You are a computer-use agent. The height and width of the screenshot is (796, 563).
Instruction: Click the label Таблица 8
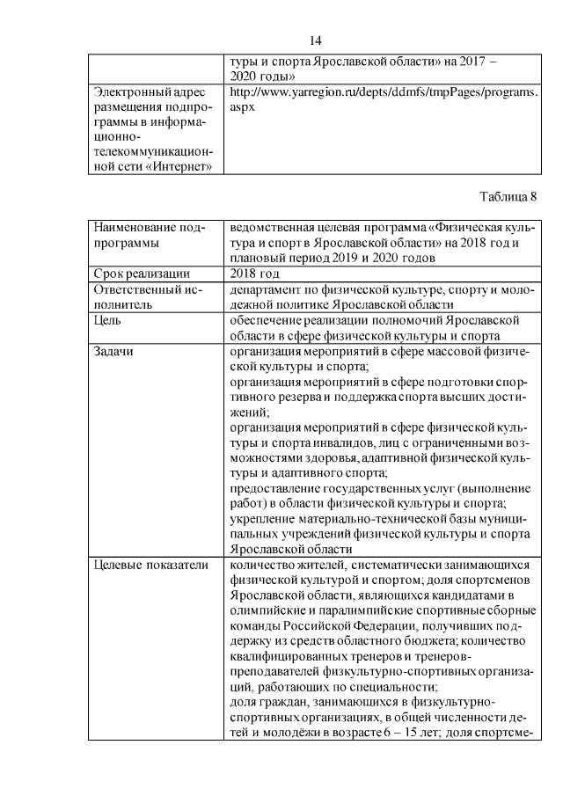tap(508, 195)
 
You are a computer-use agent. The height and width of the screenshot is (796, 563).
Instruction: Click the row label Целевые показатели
tap(150, 564)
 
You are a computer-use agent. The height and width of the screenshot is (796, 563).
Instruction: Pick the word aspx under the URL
tap(242, 106)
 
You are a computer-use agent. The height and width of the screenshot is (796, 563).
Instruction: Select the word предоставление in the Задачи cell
tap(278, 489)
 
